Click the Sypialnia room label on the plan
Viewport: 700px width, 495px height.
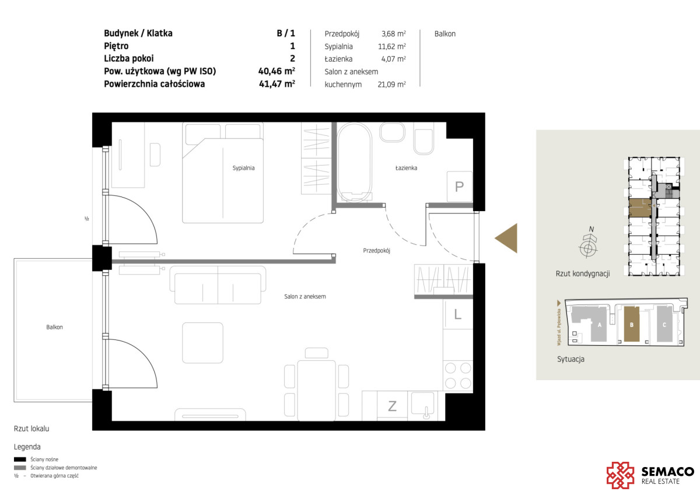(243, 168)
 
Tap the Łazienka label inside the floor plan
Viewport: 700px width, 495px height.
(406, 168)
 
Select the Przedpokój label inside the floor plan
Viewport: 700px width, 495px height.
(377, 251)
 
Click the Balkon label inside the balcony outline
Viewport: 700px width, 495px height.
(54, 327)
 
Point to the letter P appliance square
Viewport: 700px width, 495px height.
(460, 187)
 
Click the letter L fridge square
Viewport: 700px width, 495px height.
(458, 314)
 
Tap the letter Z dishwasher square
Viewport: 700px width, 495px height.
(392, 406)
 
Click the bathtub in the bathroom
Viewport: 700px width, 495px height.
(355, 162)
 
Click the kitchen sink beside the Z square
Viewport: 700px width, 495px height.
(423, 405)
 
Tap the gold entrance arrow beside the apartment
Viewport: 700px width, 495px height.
(506, 238)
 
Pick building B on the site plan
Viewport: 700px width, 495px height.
(632, 324)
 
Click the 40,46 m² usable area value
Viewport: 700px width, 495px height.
(276, 71)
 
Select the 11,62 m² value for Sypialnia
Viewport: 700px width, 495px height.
(392, 46)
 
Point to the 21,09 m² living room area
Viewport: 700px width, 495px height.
(392, 85)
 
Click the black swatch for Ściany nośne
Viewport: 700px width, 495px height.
(20, 459)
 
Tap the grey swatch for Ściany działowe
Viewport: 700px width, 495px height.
(20, 468)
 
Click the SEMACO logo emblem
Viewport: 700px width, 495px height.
(620, 475)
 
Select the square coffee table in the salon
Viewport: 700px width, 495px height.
(203, 343)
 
